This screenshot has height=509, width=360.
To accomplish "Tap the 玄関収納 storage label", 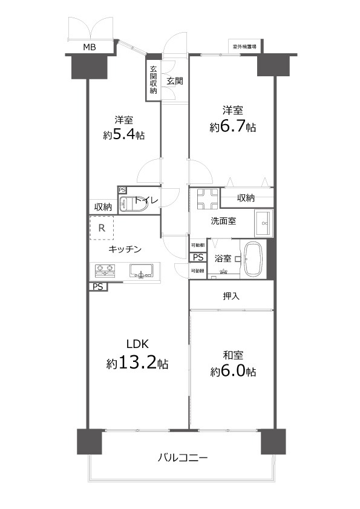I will [153, 80].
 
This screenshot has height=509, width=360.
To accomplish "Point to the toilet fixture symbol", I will [132, 204].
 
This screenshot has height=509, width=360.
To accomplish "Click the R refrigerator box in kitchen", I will [102, 228].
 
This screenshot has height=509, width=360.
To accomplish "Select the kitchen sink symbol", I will [143, 274].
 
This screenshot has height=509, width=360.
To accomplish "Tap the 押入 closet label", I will [231, 297].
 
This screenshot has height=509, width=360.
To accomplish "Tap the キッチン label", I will [125, 249].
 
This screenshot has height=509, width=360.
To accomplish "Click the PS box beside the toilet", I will [122, 190].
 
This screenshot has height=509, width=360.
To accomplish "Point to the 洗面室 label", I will [223, 221].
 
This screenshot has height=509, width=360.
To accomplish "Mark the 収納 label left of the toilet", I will [103, 207].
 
